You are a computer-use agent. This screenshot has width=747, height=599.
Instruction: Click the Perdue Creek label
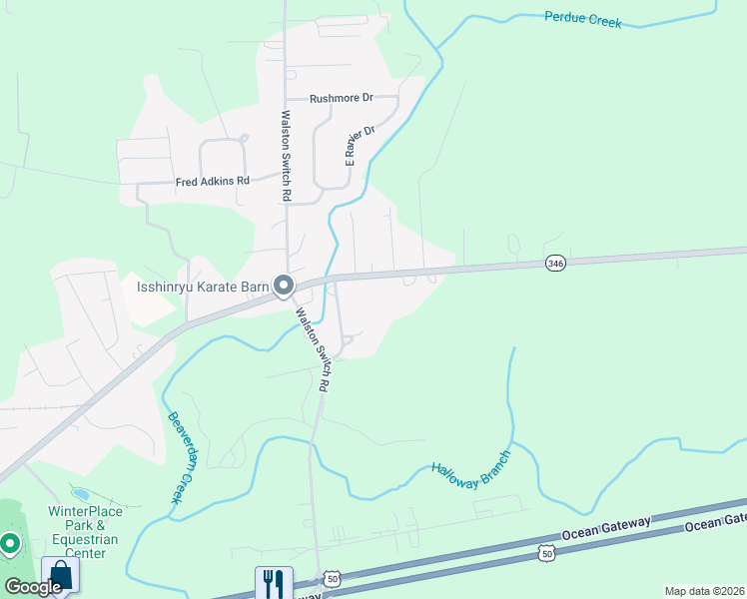point(582,19)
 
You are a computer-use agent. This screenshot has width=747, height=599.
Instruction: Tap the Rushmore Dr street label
point(341,98)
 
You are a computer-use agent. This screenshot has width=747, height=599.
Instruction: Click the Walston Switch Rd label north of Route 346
point(286,156)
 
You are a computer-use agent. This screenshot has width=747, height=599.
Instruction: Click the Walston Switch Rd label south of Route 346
point(313,346)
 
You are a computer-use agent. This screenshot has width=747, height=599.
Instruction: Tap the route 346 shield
point(556,263)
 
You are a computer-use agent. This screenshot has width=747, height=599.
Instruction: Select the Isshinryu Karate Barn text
point(203,288)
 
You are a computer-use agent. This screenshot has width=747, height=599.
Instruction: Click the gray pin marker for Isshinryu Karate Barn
point(284,287)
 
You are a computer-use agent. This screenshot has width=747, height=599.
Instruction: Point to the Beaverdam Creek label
point(180,457)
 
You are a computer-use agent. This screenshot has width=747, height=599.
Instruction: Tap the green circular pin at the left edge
point(10,544)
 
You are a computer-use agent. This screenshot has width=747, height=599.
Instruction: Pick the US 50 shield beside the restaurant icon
point(332,579)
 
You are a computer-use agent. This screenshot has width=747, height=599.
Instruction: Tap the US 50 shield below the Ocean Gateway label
point(546,551)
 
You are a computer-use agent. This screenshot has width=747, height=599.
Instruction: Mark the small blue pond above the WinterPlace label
point(80,493)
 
